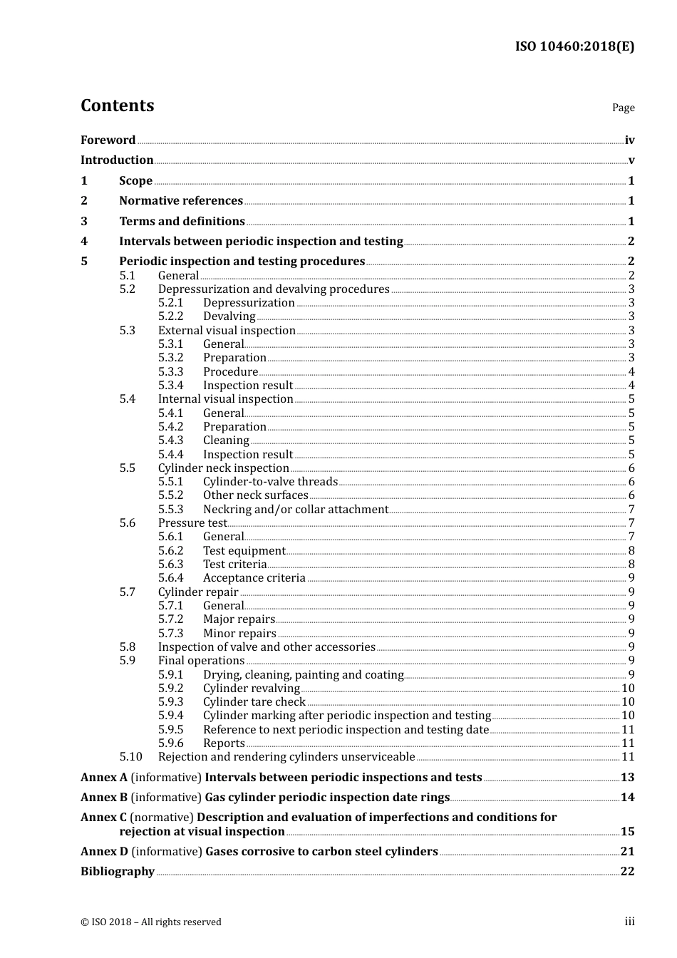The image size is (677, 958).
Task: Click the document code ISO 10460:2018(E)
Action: point(574,47)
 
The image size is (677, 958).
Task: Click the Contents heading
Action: point(117,105)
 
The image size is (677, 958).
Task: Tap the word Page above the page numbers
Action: point(623,108)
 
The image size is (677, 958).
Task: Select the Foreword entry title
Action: point(108,140)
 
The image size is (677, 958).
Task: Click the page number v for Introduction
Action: point(631,160)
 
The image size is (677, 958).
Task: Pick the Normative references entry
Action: point(181,201)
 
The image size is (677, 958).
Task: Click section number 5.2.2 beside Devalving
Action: point(170,316)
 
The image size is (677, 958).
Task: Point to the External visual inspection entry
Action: point(227,330)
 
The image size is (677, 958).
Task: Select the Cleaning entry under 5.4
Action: point(226,441)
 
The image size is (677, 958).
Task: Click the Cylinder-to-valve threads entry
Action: point(270,482)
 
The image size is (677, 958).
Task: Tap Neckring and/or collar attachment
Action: point(295,510)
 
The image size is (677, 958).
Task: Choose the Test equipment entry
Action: point(244,551)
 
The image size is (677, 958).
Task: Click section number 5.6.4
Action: point(170,578)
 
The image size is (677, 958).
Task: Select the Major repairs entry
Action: point(239,619)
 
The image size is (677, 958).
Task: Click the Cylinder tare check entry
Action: point(254,702)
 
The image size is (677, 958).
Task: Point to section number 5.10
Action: point(130,757)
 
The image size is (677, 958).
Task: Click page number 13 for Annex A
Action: point(627,778)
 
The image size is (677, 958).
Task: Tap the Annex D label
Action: point(104,852)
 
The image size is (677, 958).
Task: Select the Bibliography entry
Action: point(118,872)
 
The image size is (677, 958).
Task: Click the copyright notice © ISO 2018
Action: point(150,922)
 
